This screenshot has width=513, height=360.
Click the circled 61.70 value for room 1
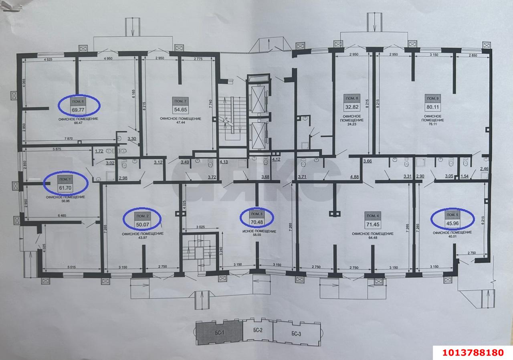tap(65, 187)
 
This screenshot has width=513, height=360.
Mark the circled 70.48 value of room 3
tap(257, 221)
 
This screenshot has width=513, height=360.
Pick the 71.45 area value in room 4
tap(372, 223)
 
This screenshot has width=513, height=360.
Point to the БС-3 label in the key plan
tap(297, 334)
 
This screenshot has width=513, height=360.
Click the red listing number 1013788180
tap(472, 352)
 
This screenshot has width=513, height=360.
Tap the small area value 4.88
tap(354, 176)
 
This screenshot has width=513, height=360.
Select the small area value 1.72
tap(99, 152)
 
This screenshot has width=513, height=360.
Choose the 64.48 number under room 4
tap(372, 238)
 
